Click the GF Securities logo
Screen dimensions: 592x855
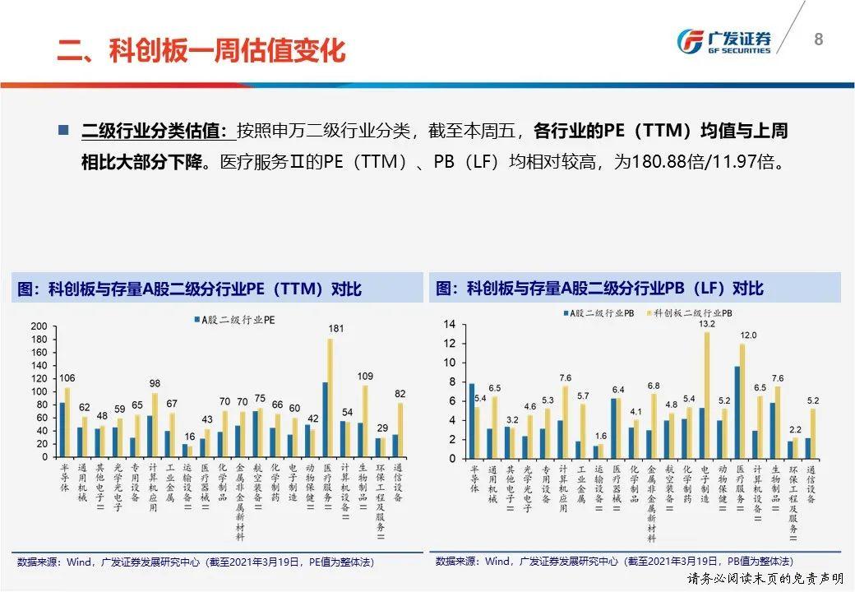723,40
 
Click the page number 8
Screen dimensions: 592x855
818,39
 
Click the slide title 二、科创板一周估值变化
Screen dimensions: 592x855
201,50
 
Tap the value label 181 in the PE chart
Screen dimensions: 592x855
335,329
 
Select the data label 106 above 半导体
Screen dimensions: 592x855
67,378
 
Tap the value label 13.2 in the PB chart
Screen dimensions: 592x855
707,324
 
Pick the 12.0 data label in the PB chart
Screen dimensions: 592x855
747,335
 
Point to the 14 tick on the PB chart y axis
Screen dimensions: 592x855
449,324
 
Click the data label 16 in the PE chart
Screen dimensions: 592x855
190,437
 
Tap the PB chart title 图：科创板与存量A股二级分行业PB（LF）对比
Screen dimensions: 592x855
601,289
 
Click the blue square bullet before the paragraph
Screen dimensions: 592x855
64,131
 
